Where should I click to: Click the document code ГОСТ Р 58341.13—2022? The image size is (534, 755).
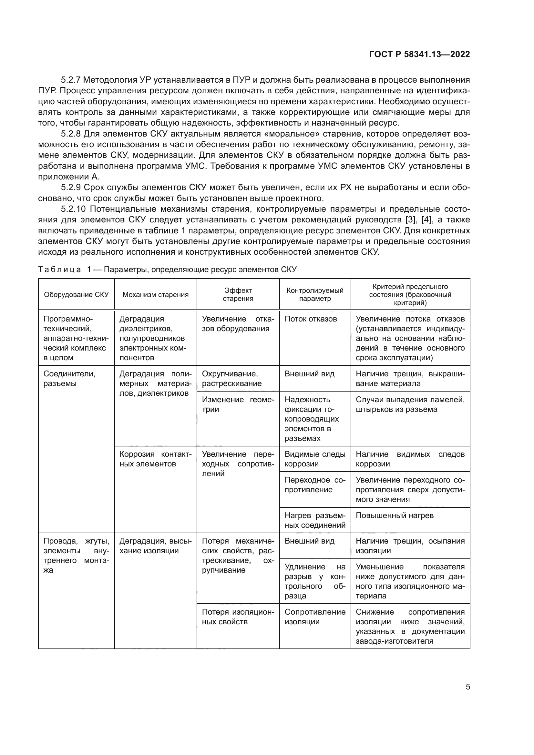pos(419,55)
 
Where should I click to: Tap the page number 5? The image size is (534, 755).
pos(467,687)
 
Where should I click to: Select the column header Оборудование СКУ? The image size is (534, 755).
pos(76,295)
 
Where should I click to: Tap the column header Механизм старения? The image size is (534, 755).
pos(155,295)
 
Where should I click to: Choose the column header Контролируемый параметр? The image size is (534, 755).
pos(315,295)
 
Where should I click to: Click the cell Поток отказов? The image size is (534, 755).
pos(310,319)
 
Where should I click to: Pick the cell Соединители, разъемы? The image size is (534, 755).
pos(69,379)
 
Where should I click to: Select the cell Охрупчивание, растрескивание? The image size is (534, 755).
pos(231,379)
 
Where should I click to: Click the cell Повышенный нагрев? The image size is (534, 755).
pos(394,515)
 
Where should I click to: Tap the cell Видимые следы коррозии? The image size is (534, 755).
pos(315,459)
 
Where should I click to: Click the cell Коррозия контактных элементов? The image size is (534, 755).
pos(155,459)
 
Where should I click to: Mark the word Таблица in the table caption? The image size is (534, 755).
pos(59,270)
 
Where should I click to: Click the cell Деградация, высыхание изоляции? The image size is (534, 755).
pos(155,546)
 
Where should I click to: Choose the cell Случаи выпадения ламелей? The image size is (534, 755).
pos(410,404)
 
